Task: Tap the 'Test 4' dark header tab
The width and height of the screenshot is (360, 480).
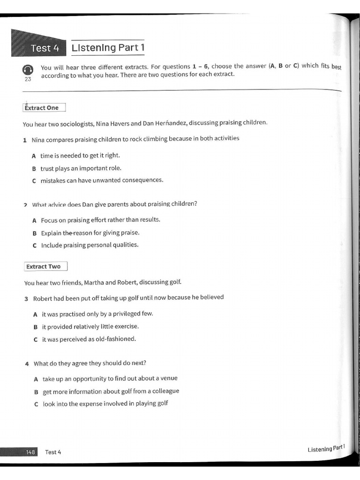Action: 41,48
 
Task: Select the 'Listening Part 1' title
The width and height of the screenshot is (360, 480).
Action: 108,47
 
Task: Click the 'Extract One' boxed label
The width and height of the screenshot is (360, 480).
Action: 44,108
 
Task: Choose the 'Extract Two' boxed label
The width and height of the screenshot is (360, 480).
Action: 45,267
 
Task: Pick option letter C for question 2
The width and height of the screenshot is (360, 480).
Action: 35,245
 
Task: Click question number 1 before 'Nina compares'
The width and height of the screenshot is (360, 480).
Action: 24,140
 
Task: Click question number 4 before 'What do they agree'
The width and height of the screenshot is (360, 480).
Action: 27,364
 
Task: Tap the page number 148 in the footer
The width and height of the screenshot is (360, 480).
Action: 31,452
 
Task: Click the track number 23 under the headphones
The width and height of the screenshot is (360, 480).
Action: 28,79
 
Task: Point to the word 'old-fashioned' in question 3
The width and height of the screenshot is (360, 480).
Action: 115,339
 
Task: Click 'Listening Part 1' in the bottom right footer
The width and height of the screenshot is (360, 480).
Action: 326,449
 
